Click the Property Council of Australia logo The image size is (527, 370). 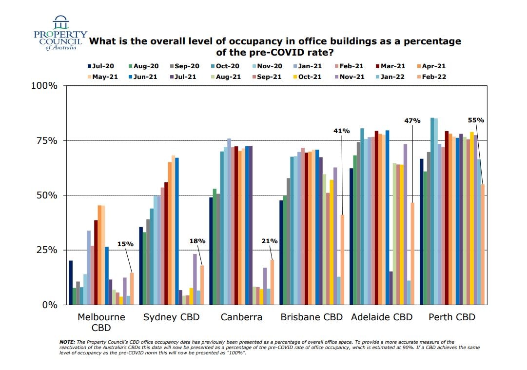click(60, 33)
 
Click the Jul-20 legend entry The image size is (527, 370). click(101, 66)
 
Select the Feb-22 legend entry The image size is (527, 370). click(432, 77)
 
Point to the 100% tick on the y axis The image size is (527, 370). click(44, 86)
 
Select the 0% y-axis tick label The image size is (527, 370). click(50, 305)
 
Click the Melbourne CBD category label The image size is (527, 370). click(101, 322)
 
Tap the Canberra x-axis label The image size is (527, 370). click(241, 317)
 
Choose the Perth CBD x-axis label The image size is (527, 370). click(451, 317)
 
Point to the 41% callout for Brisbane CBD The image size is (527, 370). click(342, 131)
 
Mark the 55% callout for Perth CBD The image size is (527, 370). click(475, 120)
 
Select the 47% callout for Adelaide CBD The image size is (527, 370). click(412, 120)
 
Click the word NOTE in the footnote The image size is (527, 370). click(67, 342)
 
